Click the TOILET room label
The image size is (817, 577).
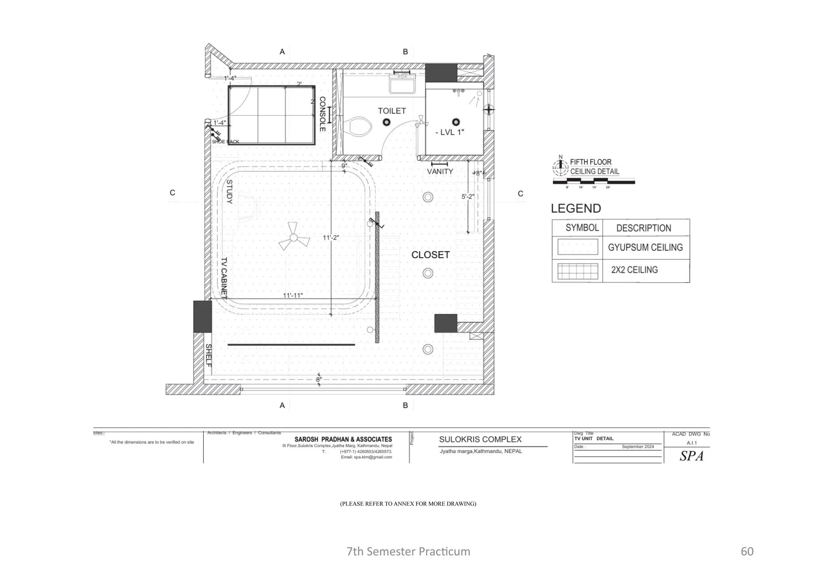click(x=392, y=111)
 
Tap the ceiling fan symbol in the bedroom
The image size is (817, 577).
click(x=294, y=238)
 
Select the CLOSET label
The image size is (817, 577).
click(x=430, y=255)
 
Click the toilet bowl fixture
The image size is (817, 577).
click(x=360, y=127)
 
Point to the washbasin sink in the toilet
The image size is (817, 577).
click(x=403, y=86)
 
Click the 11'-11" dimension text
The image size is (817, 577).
click(x=293, y=296)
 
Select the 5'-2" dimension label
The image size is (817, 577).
click(x=468, y=197)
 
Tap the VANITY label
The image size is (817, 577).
click(x=440, y=172)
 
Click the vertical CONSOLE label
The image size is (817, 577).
click(x=322, y=114)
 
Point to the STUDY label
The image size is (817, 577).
click(x=229, y=192)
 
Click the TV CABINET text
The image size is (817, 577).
click(x=224, y=278)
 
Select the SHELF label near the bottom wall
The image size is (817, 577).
click(x=208, y=355)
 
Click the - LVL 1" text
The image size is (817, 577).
click(x=450, y=132)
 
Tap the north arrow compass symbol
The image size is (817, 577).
click(x=560, y=167)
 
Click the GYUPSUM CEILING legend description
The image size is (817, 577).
click(x=645, y=247)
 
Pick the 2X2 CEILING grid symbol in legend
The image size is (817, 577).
click(x=577, y=271)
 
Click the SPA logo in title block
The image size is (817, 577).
click(x=691, y=456)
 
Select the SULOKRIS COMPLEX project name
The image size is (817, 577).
click(x=480, y=440)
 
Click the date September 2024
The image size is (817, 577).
click(x=637, y=447)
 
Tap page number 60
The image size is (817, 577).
click(x=747, y=551)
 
